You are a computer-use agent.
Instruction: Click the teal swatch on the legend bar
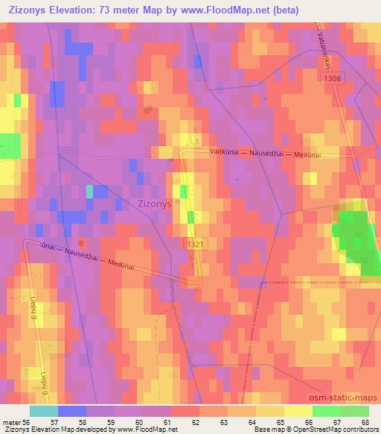(44, 410)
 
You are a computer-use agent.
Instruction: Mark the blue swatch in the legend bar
(72, 410)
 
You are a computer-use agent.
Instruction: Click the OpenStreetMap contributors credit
(328, 430)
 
